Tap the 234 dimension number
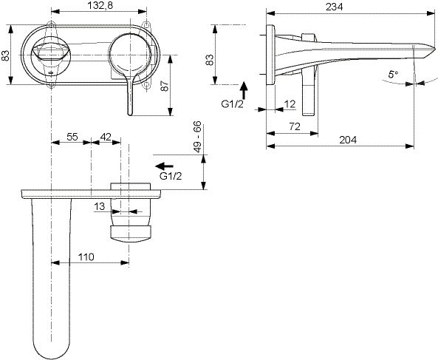(334, 7)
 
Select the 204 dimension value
(348, 140)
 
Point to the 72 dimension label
(295, 126)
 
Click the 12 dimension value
(290, 104)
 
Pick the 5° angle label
(393, 75)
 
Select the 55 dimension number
(72, 137)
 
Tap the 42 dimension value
(106, 137)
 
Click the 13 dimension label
(100, 206)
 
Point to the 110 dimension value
(86, 257)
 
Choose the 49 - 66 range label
(197, 137)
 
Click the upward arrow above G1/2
(244, 90)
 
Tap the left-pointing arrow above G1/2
(165, 166)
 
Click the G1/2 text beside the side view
(233, 104)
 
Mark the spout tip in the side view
(435, 47)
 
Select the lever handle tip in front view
(130, 112)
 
